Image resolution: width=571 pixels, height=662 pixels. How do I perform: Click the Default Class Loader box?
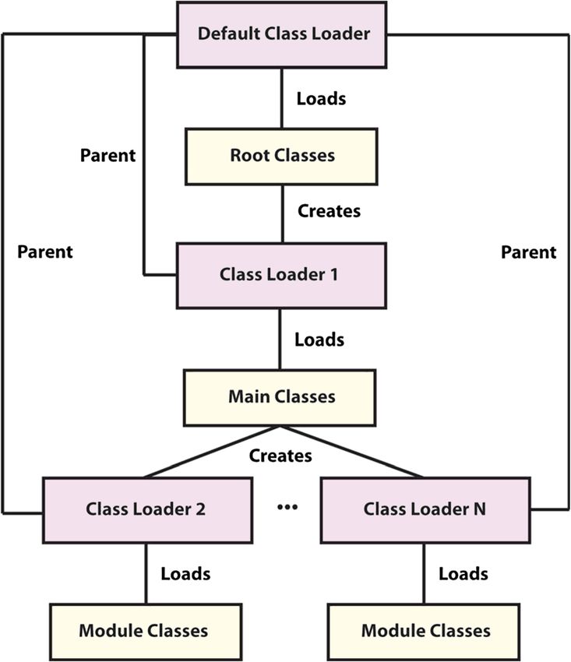coord(281,34)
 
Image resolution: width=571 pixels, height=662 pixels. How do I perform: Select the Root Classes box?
coord(281,157)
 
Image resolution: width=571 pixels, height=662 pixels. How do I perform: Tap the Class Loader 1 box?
coord(281,275)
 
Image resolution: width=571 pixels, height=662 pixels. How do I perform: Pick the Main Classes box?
coord(280,398)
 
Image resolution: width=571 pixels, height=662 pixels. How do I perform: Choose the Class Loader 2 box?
coord(147,510)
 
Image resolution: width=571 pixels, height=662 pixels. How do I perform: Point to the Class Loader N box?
coord(425,510)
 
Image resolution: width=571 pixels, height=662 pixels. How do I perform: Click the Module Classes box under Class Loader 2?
coord(146,632)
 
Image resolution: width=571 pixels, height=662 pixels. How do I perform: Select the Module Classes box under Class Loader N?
coord(424,632)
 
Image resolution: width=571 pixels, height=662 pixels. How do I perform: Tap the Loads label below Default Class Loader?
coord(321,99)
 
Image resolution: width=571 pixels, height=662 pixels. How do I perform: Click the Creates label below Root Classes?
coord(329,211)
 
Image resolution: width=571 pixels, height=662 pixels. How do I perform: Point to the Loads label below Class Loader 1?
coord(319,340)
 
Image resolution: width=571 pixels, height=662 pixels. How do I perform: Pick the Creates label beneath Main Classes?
coord(280,456)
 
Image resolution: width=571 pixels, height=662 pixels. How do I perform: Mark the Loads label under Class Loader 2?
coord(185,574)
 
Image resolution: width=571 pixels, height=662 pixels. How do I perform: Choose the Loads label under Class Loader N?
coord(463,574)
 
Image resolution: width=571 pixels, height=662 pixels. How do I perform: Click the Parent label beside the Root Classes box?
coord(108,155)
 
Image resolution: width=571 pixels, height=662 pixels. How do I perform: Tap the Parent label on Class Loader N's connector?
coord(528,252)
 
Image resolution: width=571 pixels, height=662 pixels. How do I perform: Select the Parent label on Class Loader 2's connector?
coord(44,252)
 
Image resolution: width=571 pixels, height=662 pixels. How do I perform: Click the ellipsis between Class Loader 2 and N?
coord(287,507)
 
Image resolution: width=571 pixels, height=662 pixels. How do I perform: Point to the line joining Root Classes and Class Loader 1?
coord(283,213)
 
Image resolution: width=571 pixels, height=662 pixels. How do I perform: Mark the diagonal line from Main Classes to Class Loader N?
coord(352,452)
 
